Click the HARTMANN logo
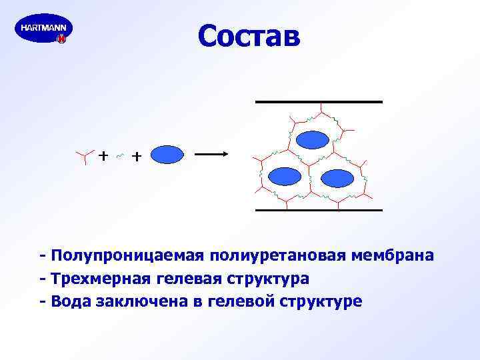43,31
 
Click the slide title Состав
249,37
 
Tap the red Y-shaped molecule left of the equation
83,157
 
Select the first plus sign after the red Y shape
103,156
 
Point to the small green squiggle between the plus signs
119,157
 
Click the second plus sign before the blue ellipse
136,157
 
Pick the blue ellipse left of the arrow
167,155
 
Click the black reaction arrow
212,155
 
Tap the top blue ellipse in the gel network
312,139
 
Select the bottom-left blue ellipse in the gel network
285,177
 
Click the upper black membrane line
319,102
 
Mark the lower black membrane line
319,210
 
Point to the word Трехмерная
97,279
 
